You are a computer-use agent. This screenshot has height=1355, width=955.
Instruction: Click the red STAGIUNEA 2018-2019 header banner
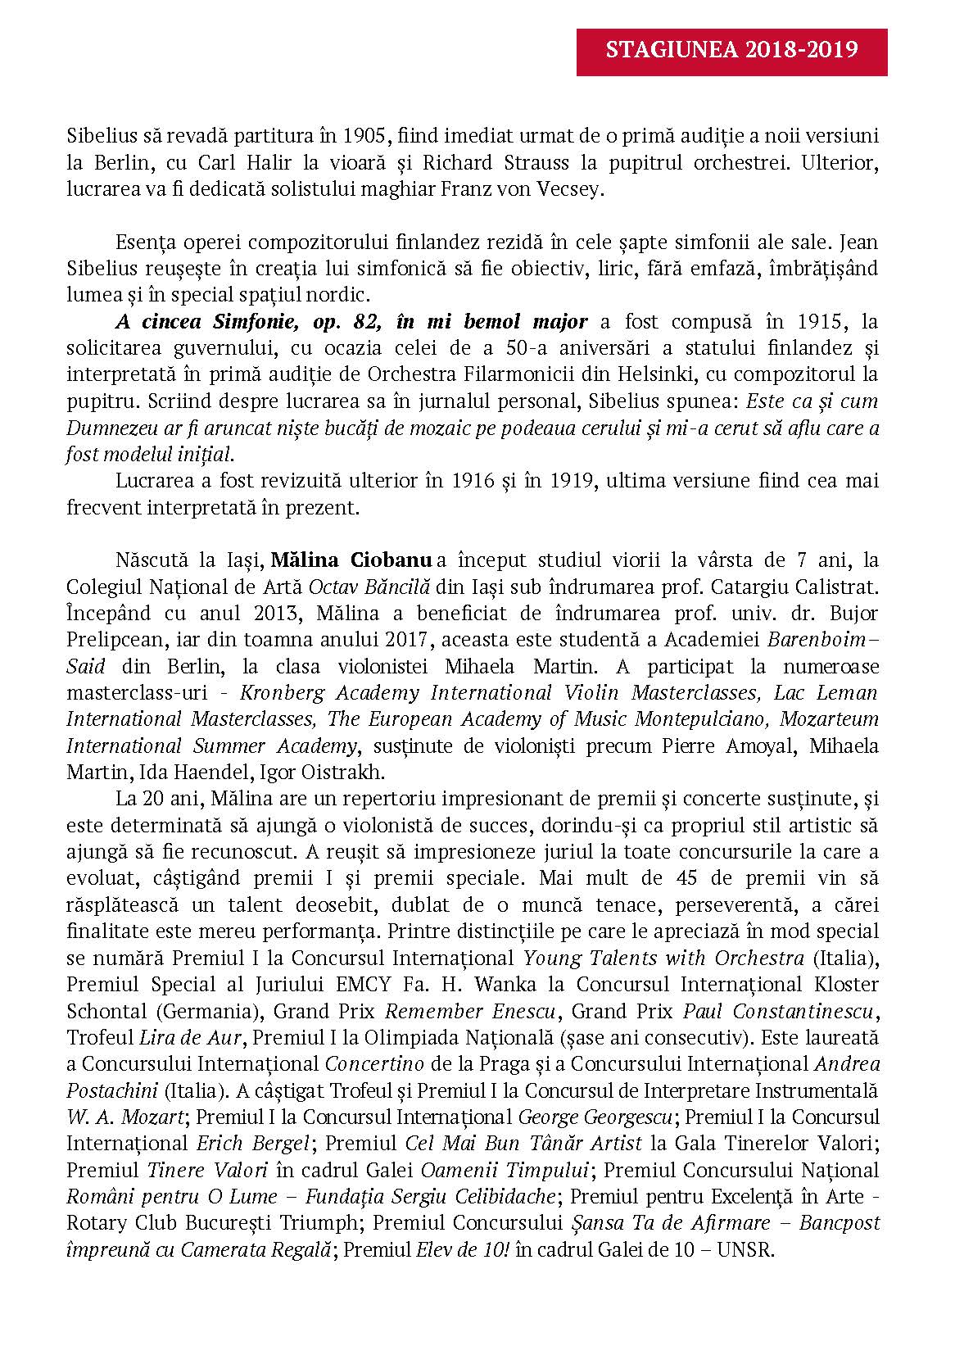click(x=731, y=51)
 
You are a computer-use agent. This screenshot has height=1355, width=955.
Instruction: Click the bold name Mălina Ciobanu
click(x=351, y=560)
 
